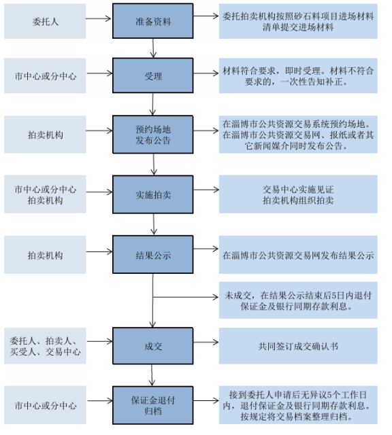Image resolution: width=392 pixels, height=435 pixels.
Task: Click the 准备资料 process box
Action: [x=153, y=21]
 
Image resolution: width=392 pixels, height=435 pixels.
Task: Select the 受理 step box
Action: [x=153, y=75]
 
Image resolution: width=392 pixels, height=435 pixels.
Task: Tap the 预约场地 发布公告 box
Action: [x=153, y=135]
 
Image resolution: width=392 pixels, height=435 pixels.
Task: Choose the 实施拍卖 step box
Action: [x=153, y=194]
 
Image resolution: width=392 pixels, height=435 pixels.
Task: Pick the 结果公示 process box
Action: [x=153, y=255]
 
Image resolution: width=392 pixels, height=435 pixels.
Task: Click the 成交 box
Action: [x=153, y=346]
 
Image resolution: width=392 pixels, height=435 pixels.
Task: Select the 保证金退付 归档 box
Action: [x=153, y=405]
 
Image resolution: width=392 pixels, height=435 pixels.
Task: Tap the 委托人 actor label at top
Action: [x=45, y=21]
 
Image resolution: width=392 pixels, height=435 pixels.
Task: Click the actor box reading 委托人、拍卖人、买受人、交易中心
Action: [x=45, y=346]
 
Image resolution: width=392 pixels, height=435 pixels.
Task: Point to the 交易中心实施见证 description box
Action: [x=298, y=194]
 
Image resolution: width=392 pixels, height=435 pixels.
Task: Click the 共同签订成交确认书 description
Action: [x=298, y=346]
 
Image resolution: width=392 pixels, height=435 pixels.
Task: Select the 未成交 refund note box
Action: [x=298, y=300]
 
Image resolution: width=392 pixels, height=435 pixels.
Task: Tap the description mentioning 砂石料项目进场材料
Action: [x=298, y=21]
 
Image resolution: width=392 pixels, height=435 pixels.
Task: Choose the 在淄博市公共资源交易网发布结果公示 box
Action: [x=298, y=255]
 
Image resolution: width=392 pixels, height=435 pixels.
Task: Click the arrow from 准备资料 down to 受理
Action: [x=153, y=48]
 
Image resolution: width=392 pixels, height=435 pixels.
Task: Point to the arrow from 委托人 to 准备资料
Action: [x=99, y=18]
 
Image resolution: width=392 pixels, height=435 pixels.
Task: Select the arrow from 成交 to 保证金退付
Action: [x=152, y=375]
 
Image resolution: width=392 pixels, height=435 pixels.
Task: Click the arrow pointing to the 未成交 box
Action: [x=186, y=297]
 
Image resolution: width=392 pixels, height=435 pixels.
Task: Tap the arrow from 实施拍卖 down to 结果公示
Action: [x=154, y=224]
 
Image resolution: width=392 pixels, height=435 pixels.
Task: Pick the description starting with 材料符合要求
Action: [x=298, y=75]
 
